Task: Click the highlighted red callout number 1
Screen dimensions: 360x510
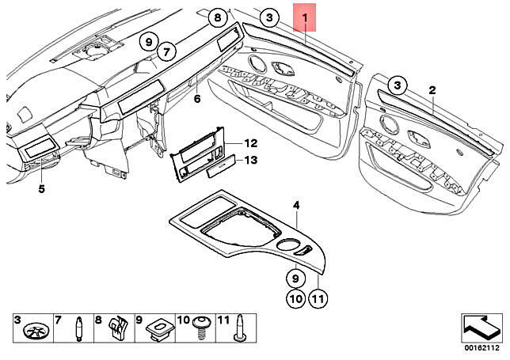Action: coord(306,16)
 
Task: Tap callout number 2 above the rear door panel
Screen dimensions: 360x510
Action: coord(432,92)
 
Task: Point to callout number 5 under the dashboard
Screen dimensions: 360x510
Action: coord(41,189)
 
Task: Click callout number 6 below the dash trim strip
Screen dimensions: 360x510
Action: coord(197,99)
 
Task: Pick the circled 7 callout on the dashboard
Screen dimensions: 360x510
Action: coord(165,53)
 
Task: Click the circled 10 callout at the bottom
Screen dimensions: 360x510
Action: coord(294,300)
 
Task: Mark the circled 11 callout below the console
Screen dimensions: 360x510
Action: coord(318,300)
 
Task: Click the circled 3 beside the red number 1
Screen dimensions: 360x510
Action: coord(269,17)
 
